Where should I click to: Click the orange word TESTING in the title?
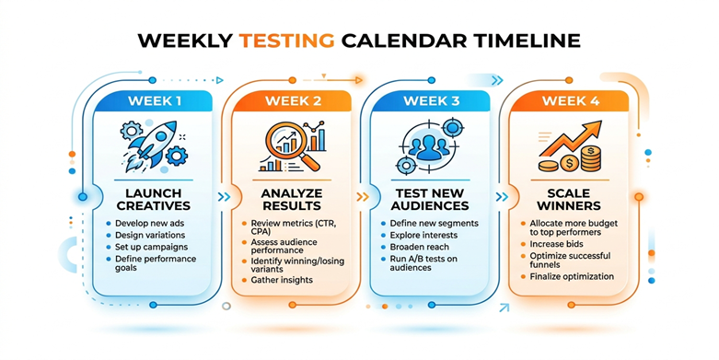(x=287, y=41)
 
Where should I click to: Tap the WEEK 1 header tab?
(x=154, y=101)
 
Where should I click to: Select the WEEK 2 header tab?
(x=293, y=101)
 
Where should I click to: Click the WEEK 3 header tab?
(x=431, y=101)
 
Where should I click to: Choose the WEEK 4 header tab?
(x=570, y=101)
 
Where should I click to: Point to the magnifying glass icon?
(x=291, y=146)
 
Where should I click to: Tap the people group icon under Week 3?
(x=429, y=146)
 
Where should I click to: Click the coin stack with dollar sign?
(x=590, y=158)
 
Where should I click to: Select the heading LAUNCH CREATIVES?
(x=154, y=200)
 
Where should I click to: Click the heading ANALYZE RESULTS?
(x=292, y=200)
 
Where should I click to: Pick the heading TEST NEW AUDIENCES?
(x=430, y=200)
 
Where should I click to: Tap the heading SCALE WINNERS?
(x=569, y=200)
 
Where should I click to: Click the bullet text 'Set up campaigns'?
(x=151, y=247)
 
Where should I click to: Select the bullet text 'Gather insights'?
(x=282, y=280)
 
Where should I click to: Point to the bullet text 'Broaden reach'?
(x=420, y=247)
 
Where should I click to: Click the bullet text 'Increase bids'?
(x=557, y=244)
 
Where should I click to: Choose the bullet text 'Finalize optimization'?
(x=572, y=276)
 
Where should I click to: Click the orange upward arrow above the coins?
(x=571, y=138)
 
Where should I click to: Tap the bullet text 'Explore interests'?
(x=423, y=236)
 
